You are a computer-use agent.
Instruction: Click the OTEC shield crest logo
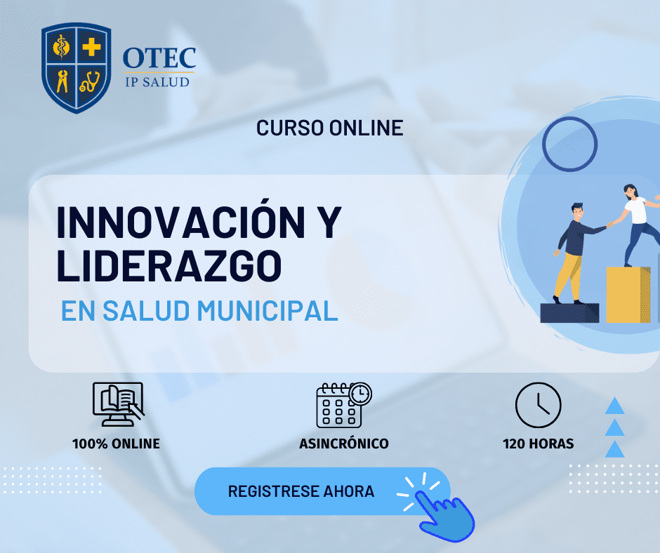point(77,68)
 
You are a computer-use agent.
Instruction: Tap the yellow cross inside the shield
point(91,47)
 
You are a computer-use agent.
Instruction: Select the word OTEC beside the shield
point(159,58)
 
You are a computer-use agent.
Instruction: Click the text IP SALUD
point(157,81)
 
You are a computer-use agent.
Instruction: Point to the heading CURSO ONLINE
point(330,128)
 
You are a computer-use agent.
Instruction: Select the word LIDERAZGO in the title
point(169,266)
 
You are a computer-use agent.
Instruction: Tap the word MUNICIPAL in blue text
point(268,311)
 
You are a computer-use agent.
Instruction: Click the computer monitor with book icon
point(118,404)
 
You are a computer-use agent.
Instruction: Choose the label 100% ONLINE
point(116,444)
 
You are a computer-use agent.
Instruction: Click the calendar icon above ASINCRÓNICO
point(343,405)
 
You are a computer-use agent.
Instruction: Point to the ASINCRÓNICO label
point(344,444)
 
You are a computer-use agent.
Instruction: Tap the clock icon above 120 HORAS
point(539,405)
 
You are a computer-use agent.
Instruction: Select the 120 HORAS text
point(539,444)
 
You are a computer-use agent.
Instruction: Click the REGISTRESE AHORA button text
point(301,491)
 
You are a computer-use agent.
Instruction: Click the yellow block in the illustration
point(628,295)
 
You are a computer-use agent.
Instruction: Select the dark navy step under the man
point(569,313)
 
